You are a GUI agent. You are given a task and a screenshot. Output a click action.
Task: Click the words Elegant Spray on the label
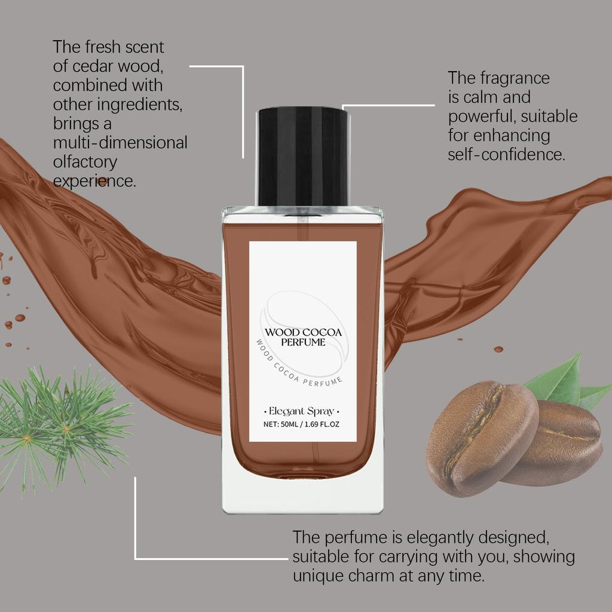pyautogui.click(x=302, y=411)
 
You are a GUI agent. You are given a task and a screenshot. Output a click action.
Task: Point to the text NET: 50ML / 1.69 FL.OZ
pyautogui.click(x=302, y=426)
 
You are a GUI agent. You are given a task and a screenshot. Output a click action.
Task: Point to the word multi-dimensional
pyautogui.click(x=120, y=143)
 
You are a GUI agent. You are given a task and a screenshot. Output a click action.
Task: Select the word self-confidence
pyautogui.click(x=506, y=155)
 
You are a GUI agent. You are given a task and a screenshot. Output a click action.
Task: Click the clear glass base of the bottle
pyautogui.click(x=302, y=496)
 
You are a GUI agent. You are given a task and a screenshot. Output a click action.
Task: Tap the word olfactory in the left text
pyautogui.click(x=85, y=162)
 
